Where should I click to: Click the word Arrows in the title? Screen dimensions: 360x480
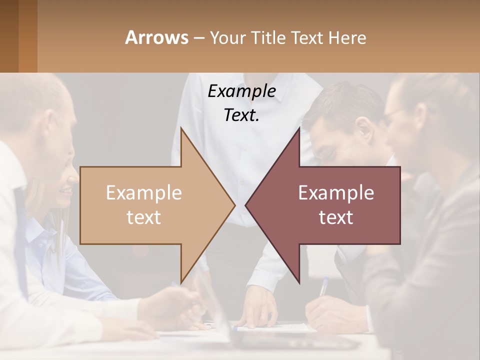pos(157,37)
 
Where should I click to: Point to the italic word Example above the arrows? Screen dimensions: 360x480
pos(241,91)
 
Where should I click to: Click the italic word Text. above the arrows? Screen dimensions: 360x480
pos(241,115)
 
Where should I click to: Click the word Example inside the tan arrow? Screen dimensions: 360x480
pos(144,193)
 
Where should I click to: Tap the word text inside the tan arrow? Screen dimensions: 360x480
pos(144,217)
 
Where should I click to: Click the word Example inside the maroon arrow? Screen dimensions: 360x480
pos(336,193)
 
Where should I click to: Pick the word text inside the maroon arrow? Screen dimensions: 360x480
pos(336,217)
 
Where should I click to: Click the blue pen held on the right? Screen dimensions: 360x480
pos(324,286)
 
